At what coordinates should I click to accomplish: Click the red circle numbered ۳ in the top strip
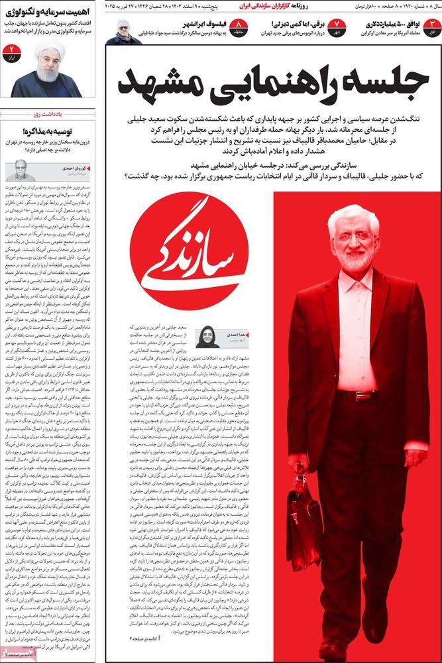click(x=432, y=27)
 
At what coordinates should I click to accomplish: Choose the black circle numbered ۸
click(x=239, y=27)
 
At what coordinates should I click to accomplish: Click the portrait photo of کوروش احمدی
click(x=19, y=170)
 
